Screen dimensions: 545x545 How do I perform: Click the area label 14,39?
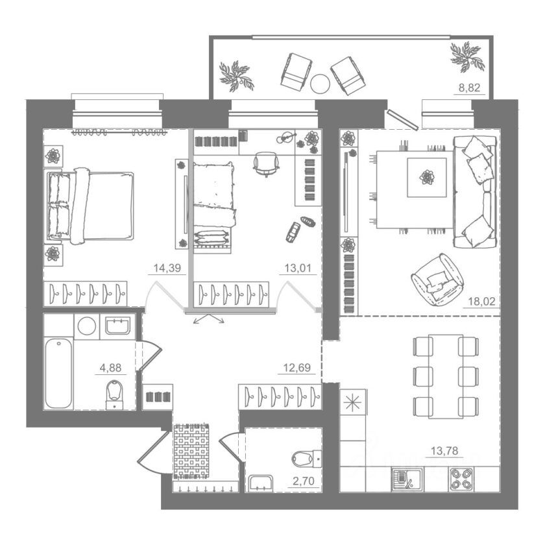click(x=167, y=268)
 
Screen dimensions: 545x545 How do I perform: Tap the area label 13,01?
click(x=298, y=268)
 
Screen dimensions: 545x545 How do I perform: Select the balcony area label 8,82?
click(x=469, y=88)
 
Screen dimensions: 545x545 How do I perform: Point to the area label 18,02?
click(x=481, y=301)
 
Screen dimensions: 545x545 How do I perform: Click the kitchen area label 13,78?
click(x=444, y=451)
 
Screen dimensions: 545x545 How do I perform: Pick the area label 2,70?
click(x=304, y=481)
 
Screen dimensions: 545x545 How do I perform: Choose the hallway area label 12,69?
click(x=297, y=367)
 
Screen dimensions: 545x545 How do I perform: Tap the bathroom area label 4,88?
click(x=110, y=367)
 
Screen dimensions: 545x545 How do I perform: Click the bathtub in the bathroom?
click(x=58, y=373)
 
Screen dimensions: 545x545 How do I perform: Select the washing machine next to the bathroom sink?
click(x=87, y=326)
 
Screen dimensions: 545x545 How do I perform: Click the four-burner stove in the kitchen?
click(x=461, y=479)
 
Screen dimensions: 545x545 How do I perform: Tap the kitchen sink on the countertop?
click(x=407, y=479)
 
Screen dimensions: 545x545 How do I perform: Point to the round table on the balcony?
click(x=320, y=84)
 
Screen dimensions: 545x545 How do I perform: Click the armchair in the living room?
click(x=438, y=280)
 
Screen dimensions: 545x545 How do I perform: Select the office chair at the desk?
click(x=266, y=163)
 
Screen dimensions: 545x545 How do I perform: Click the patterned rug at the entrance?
click(x=191, y=451)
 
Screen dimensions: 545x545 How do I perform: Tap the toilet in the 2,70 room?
click(x=306, y=459)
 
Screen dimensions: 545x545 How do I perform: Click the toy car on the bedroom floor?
click(x=293, y=232)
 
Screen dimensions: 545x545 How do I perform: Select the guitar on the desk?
click(x=286, y=138)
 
